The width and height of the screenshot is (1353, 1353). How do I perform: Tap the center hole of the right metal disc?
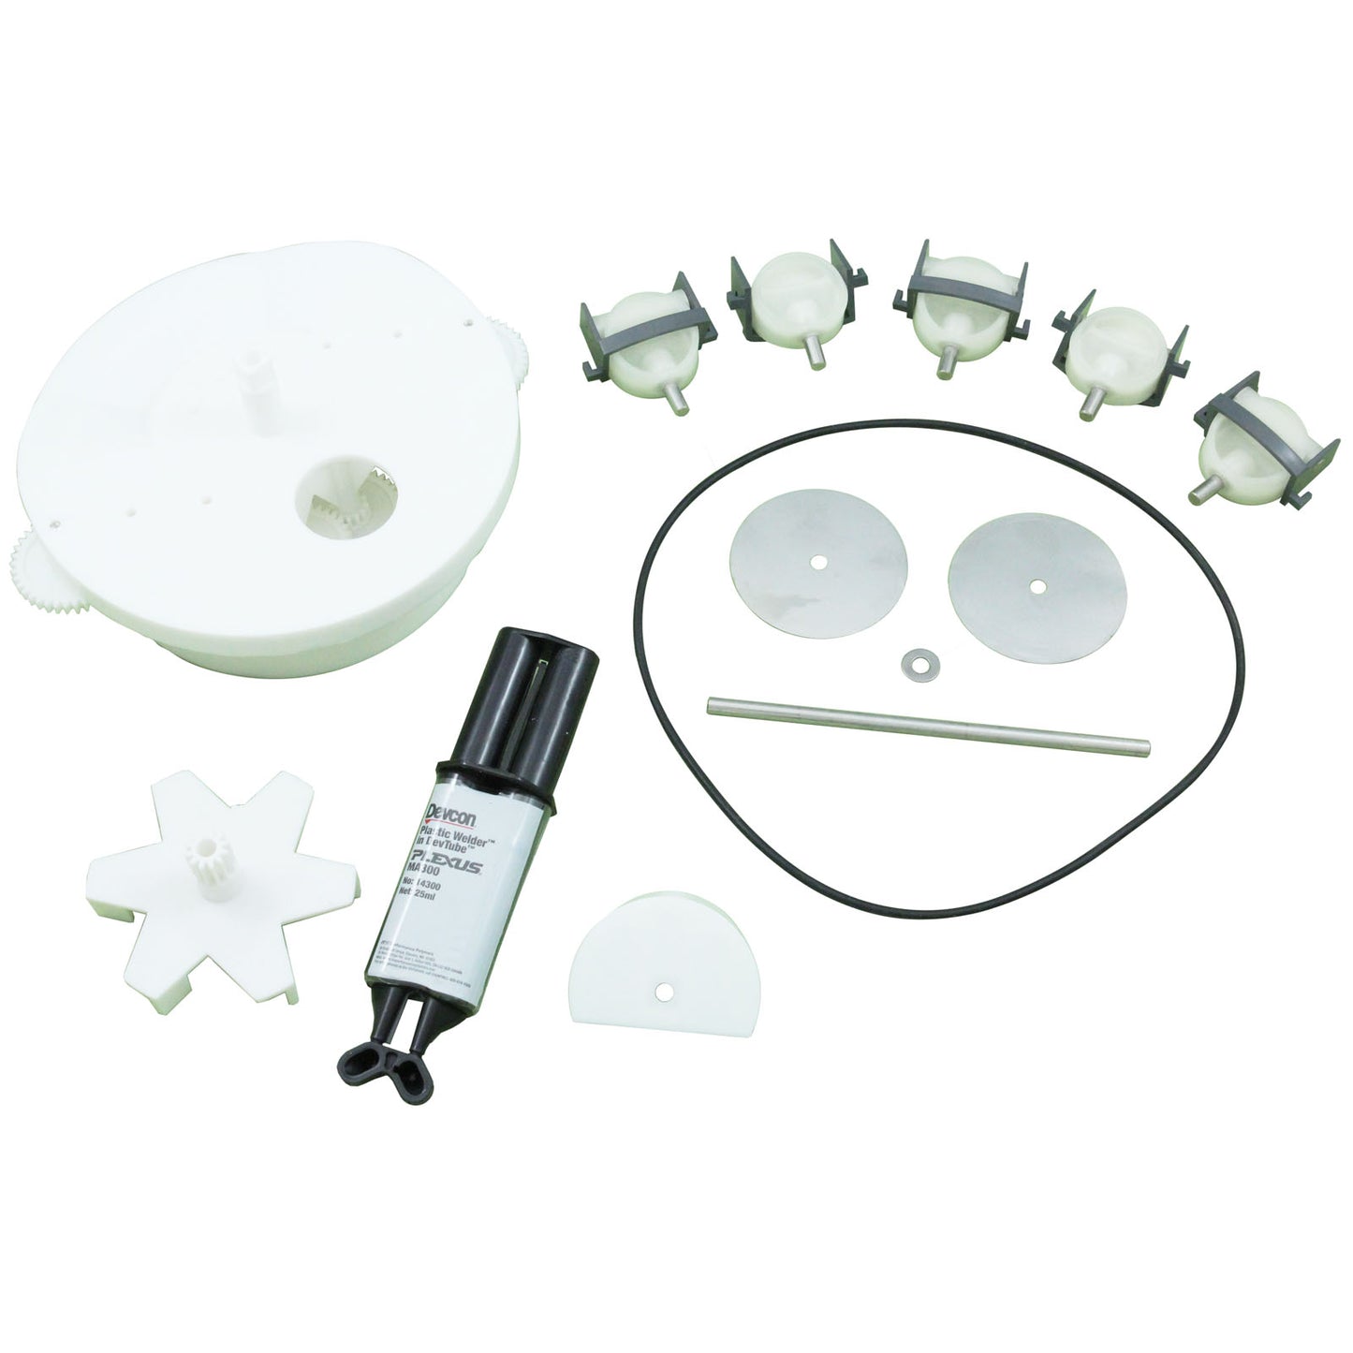pyautogui.click(x=1036, y=586)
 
